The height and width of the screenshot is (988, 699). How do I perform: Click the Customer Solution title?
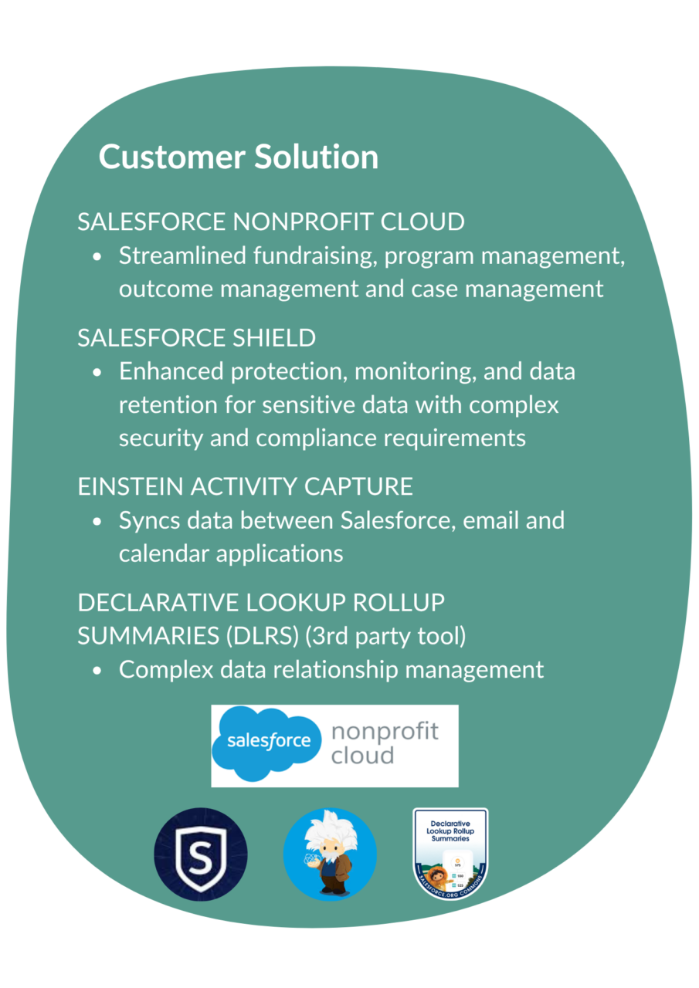238,157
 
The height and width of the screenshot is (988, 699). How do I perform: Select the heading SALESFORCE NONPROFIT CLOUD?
270,222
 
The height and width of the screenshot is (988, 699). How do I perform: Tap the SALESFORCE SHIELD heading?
196,338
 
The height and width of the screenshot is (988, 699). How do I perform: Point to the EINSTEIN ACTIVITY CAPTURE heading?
245,486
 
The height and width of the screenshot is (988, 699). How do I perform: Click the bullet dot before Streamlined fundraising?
97,257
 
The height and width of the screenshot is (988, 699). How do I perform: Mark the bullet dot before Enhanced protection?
97,373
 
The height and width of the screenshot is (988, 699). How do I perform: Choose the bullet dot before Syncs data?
97,522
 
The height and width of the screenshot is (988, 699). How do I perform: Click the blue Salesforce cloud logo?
266,741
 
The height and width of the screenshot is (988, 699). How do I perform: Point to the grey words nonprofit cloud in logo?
384,743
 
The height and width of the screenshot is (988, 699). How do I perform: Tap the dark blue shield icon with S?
201,854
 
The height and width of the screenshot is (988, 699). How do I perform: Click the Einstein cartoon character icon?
330,854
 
